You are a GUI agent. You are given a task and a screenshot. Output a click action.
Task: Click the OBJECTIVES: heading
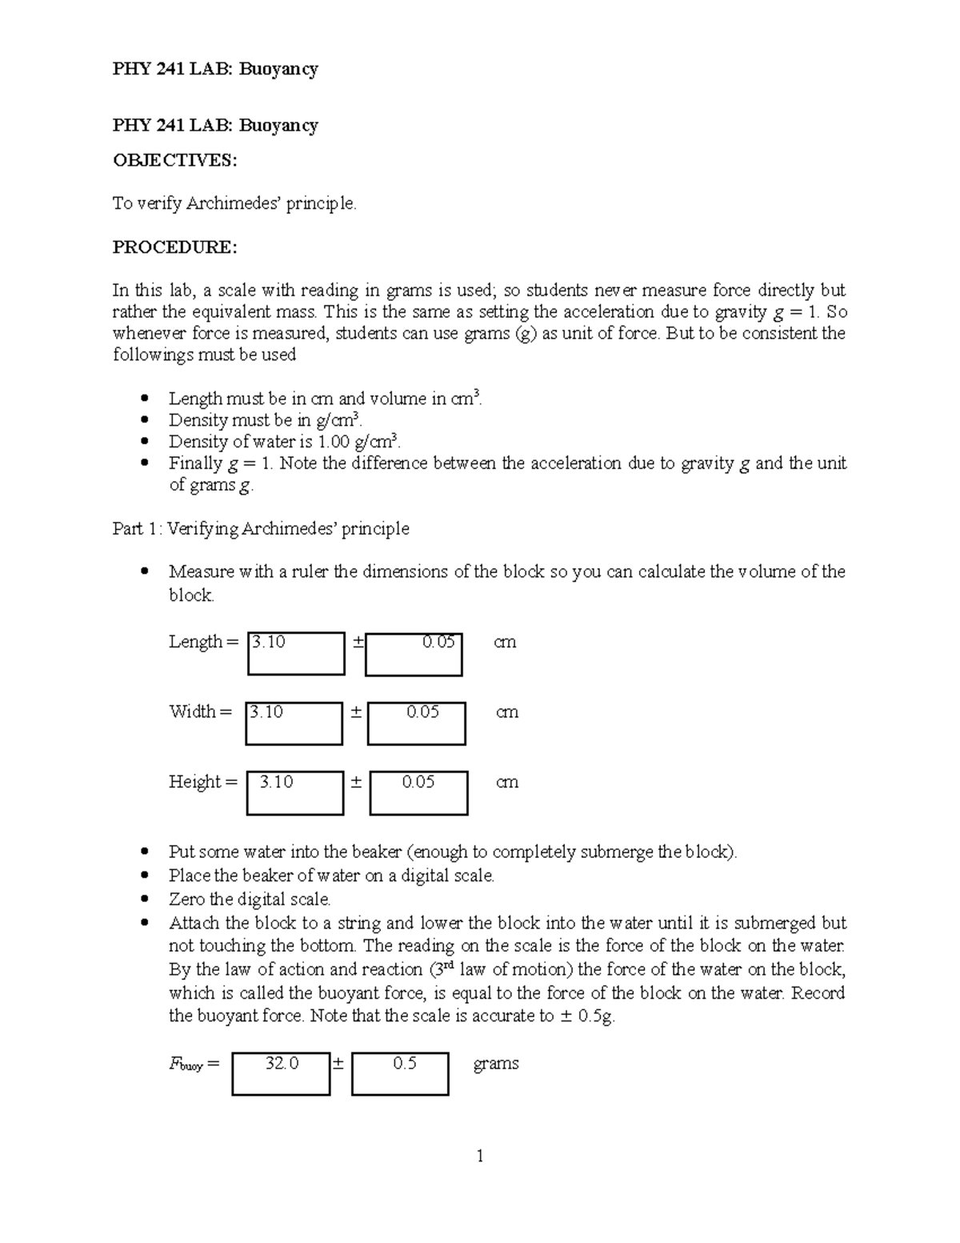[x=174, y=161]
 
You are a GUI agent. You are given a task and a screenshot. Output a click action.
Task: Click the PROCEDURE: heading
[x=174, y=247]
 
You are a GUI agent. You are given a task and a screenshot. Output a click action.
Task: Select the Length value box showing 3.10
[x=296, y=653]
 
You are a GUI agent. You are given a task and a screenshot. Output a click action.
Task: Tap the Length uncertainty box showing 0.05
[x=414, y=654]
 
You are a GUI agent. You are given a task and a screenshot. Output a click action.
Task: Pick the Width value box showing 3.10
[x=294, y=723]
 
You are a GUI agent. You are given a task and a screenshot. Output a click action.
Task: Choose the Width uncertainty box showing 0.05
[x=417, y=723]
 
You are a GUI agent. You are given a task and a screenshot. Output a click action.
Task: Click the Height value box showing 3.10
[x=294, y=792]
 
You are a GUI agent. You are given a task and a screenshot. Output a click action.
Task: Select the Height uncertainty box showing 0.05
[x=418, y=792]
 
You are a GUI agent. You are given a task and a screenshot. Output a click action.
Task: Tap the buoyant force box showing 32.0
[x=281, y=1073]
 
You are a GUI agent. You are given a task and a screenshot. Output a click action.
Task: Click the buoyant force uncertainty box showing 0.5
[x=400, y=1073]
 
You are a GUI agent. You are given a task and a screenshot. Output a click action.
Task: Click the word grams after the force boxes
[x=496, y=1064]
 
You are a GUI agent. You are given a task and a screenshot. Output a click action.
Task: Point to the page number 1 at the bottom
[x=480, y=1156]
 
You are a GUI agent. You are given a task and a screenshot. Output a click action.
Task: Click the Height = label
[x=202, y=782]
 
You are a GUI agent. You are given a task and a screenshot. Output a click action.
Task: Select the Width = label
[x=200, y=712]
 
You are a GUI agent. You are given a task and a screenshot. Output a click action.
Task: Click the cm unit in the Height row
[x=507, y=782]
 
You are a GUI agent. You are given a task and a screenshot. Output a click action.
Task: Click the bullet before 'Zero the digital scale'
[x=145, y=899]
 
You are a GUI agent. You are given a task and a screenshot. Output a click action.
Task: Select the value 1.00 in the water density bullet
[x=334, y=442]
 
